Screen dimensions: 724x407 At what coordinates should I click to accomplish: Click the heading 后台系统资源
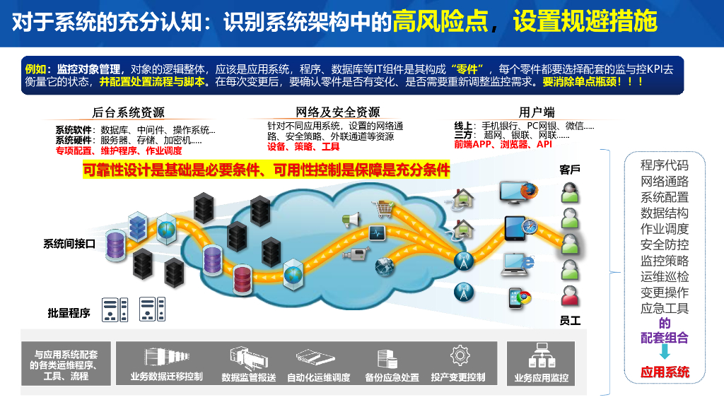tap(128, 112)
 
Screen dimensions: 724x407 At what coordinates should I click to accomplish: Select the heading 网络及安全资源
tap(337, 112)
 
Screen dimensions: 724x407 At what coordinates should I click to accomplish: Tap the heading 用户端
tap(537, 112)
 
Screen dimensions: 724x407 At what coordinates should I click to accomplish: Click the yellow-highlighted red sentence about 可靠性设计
tap(267, 170)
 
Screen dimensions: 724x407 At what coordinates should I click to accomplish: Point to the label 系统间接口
tap(69, 244)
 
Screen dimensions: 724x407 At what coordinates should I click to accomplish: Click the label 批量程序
tap(69, 312)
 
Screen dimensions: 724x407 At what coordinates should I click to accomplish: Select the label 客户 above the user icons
tap(570, 170)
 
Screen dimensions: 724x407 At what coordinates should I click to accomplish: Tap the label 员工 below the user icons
tap(570, 320)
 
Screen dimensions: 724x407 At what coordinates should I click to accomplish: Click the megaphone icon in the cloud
tap(351, 220)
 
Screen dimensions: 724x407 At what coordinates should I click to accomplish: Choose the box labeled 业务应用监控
tap(541, 364)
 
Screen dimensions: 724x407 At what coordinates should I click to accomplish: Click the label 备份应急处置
tap(392, 377)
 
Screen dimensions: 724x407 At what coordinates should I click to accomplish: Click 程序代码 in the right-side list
tap(664, 165)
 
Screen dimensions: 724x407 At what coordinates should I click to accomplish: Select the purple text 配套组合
tap(664, 338)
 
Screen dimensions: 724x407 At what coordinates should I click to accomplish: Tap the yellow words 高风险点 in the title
tap(440, 22)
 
